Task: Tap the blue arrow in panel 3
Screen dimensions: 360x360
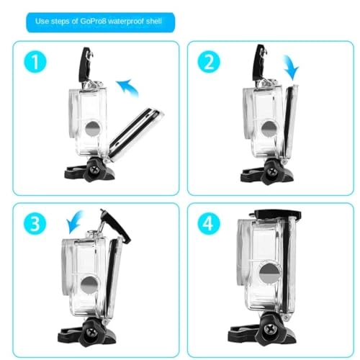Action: point(74,220)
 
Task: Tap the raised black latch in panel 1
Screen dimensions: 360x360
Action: point(86,62)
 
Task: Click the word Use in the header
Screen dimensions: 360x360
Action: point(44,22)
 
